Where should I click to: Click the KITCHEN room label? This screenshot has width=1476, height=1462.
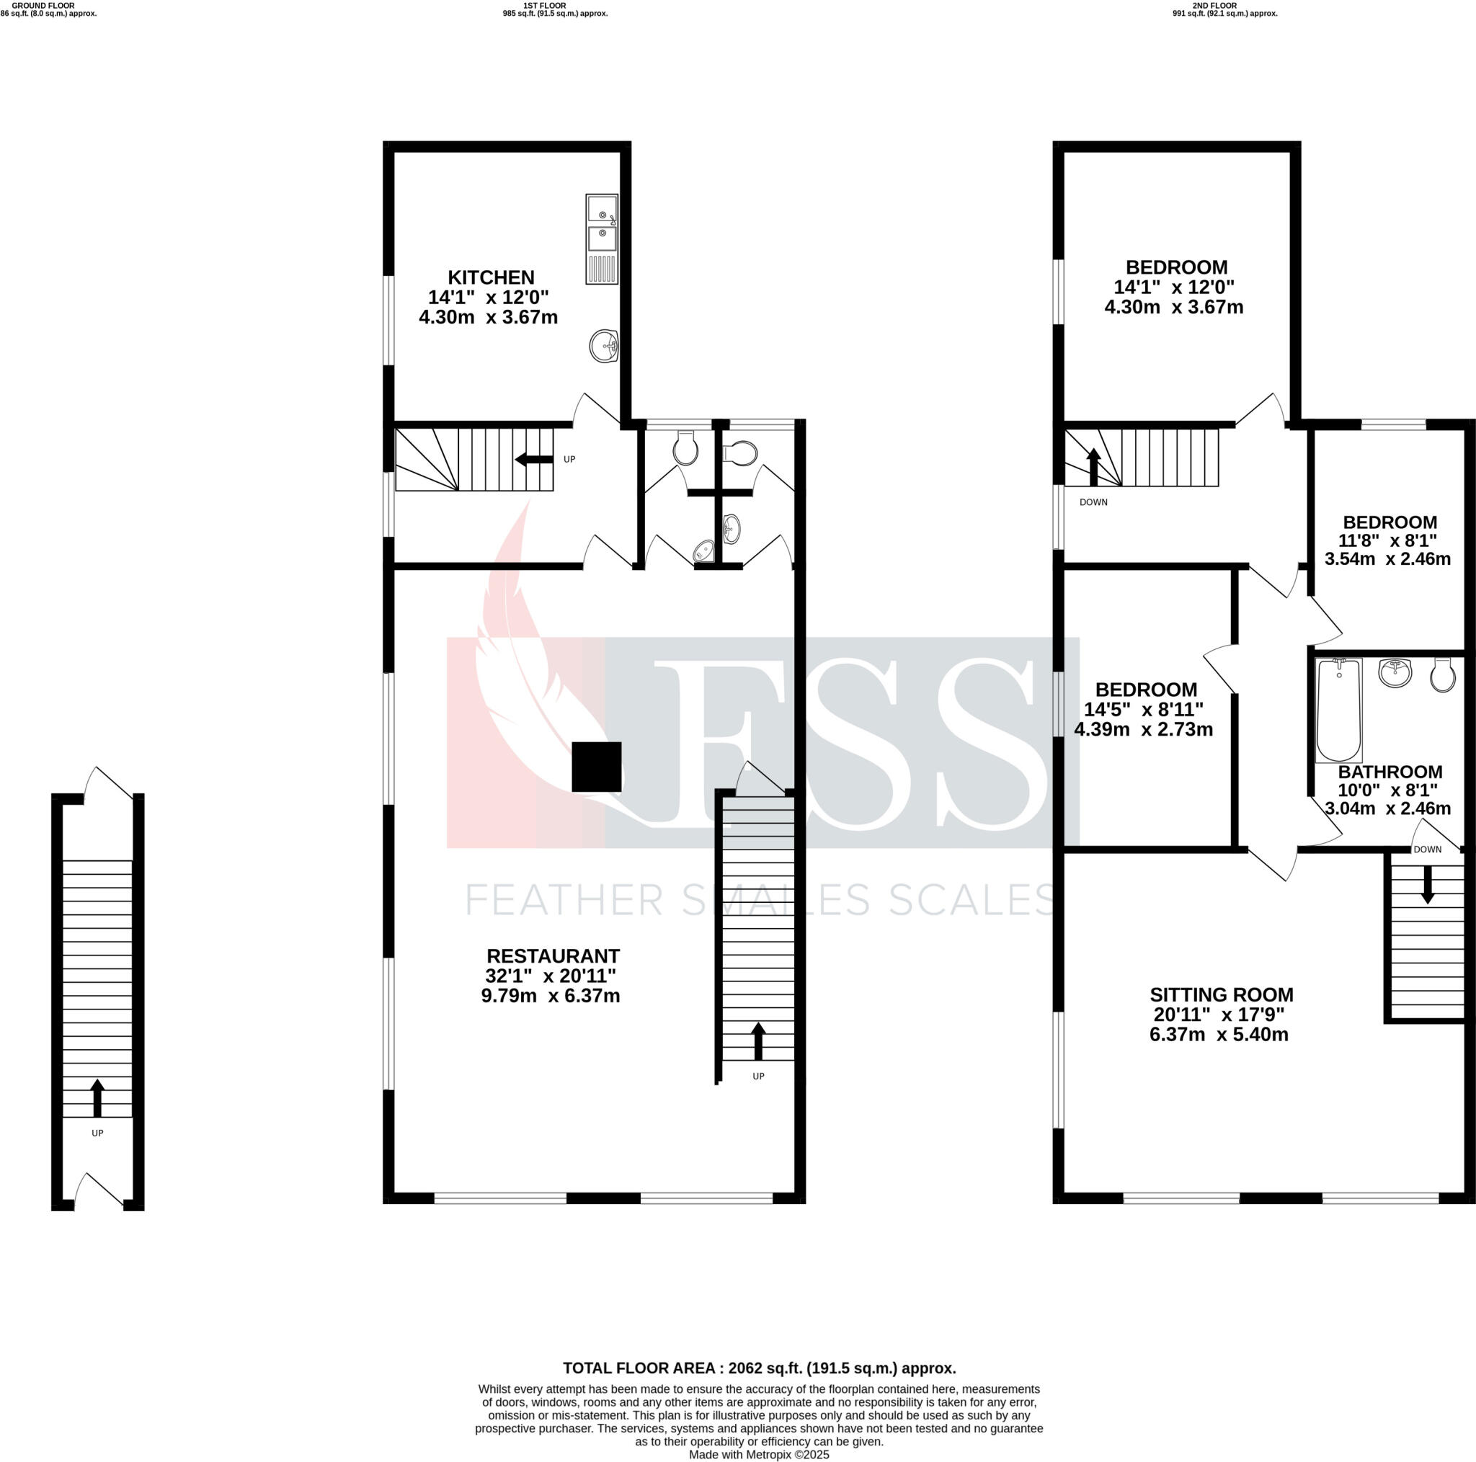[491, 277]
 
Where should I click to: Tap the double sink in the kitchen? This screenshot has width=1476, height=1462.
[601, 239]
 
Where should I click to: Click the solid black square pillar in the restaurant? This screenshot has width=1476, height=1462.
[596, 766]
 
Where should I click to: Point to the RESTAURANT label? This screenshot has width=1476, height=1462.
[552, 955]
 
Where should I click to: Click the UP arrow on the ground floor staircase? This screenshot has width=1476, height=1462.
[97, 1097]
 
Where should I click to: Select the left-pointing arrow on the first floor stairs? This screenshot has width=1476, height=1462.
[533, 459]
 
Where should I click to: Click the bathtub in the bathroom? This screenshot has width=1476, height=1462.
[1338, 710]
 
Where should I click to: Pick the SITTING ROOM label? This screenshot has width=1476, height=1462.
[1221, 994]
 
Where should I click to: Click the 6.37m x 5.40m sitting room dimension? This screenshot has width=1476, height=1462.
[1219, 1034]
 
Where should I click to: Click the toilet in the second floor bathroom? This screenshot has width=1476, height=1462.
[1441, 674]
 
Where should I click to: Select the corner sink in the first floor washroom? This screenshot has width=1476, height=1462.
[704, 551]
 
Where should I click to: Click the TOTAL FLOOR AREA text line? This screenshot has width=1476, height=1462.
[759, 1368]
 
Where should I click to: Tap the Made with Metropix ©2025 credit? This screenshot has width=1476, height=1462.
[758, 1454]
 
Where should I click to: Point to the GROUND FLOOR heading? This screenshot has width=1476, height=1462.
[43, 5]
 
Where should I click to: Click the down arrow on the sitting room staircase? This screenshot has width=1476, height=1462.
[1426, 888]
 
